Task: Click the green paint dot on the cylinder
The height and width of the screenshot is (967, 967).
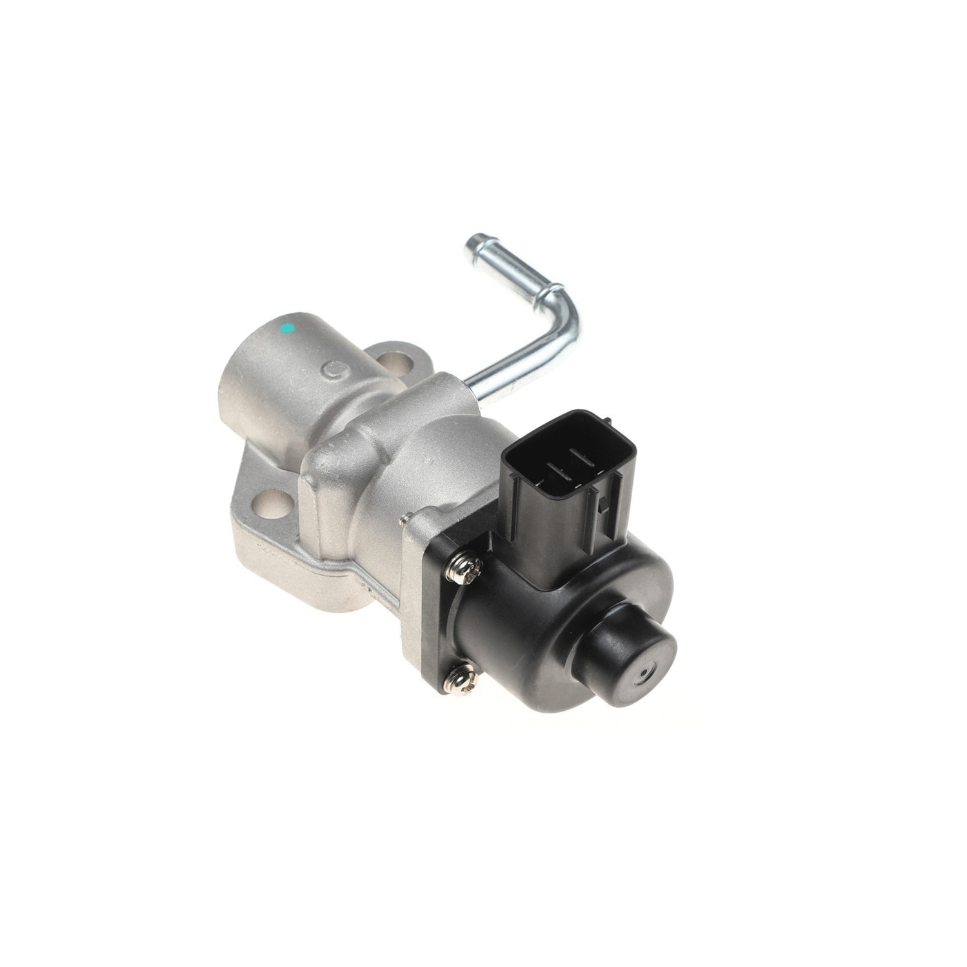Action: click(x=288, y=328)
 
